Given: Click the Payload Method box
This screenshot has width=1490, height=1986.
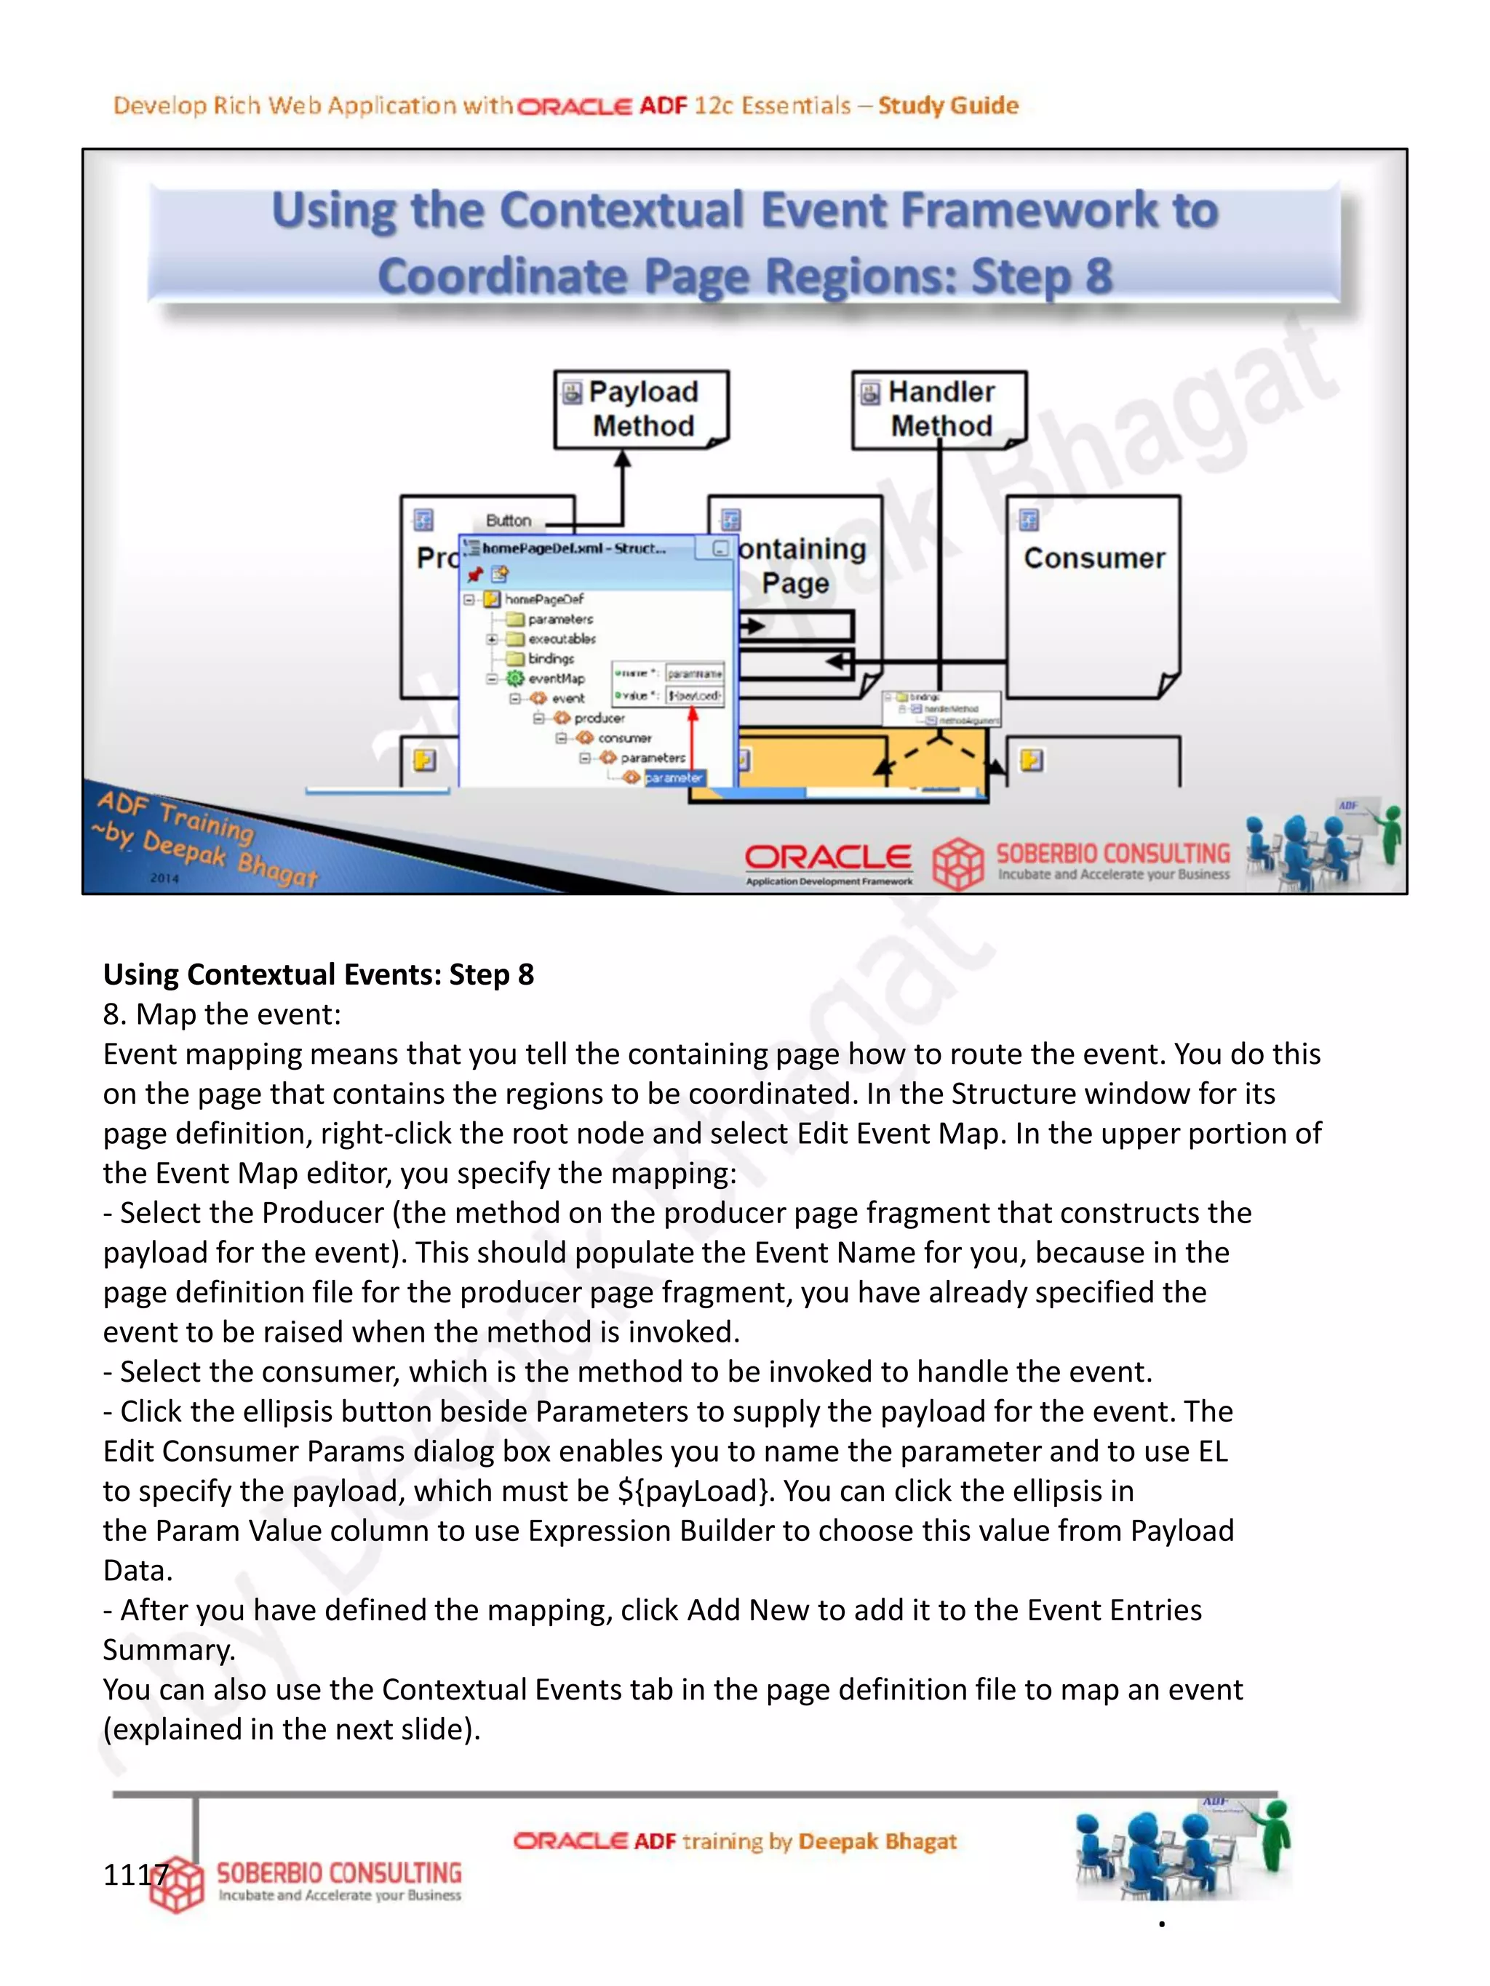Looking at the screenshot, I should (x=641, y=409).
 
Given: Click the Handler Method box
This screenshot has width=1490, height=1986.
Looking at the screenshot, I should (x=939, y=409).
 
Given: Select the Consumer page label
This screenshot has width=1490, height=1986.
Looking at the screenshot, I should (x=1094, y=558).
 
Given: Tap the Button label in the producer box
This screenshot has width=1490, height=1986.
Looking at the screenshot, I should (x=509, y=521).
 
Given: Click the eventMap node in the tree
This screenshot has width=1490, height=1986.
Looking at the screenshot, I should (x=555, y=678).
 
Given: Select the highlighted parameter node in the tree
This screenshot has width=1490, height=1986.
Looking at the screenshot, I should (x=673, y=777).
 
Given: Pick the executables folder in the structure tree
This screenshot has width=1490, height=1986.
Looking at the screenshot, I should (x=560, y=639).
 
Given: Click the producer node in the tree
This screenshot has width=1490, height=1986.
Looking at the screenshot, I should (x=598, y=718).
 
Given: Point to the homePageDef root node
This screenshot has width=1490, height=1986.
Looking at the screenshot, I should (x=543, y=598).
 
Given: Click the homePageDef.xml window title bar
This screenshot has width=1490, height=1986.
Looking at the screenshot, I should (x=575, y=548).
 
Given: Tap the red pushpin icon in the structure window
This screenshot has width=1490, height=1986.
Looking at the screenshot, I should (x=475, y=574).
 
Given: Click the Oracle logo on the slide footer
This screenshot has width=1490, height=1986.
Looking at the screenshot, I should (x=828, y=857).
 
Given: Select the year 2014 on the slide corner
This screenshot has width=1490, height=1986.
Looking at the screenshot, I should (x=164, y=878).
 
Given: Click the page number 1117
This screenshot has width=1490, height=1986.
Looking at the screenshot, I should (x=135, y=1875).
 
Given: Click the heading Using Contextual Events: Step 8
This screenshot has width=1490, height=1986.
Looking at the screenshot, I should (x=318, y=974).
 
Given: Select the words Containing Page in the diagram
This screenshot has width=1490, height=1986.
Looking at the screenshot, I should (x=800, y=566).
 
